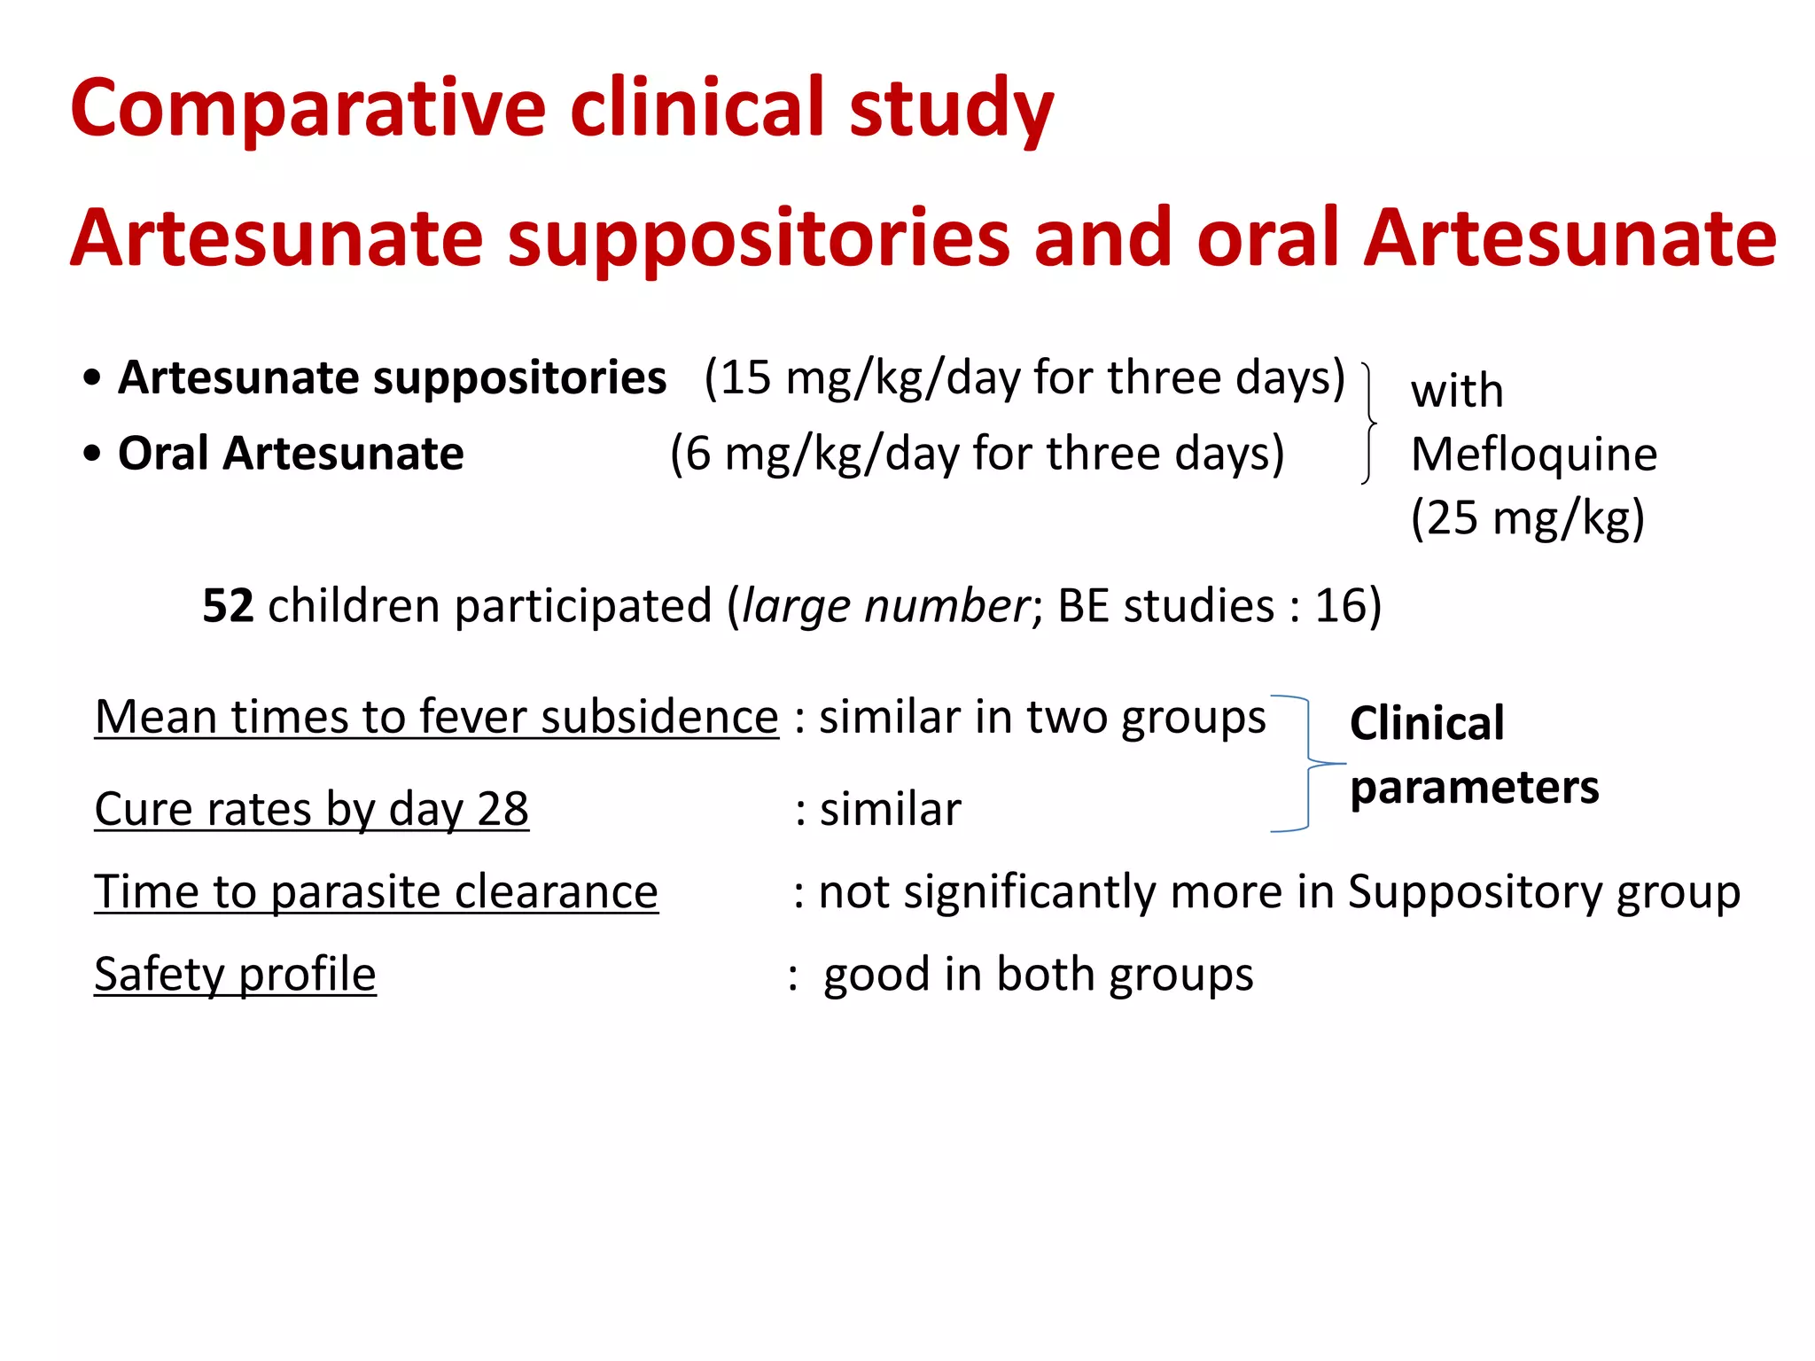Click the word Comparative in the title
pos(307,108)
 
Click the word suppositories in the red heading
pos(758,237)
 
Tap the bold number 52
pos(228,606)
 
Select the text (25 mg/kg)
pos(1527,517)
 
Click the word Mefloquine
pos(1533,455)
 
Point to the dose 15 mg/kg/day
pos(857,378)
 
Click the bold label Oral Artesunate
pos(291,454)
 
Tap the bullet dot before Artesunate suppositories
pos(92,378)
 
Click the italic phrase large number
pos(884,606)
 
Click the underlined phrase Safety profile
pos(235,975)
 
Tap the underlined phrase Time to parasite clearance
pos(376,891)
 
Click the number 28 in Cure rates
pos(502,809)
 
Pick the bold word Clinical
pos(1427,723)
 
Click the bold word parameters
pos(1474,787)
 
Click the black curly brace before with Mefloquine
pos(1369,423)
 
